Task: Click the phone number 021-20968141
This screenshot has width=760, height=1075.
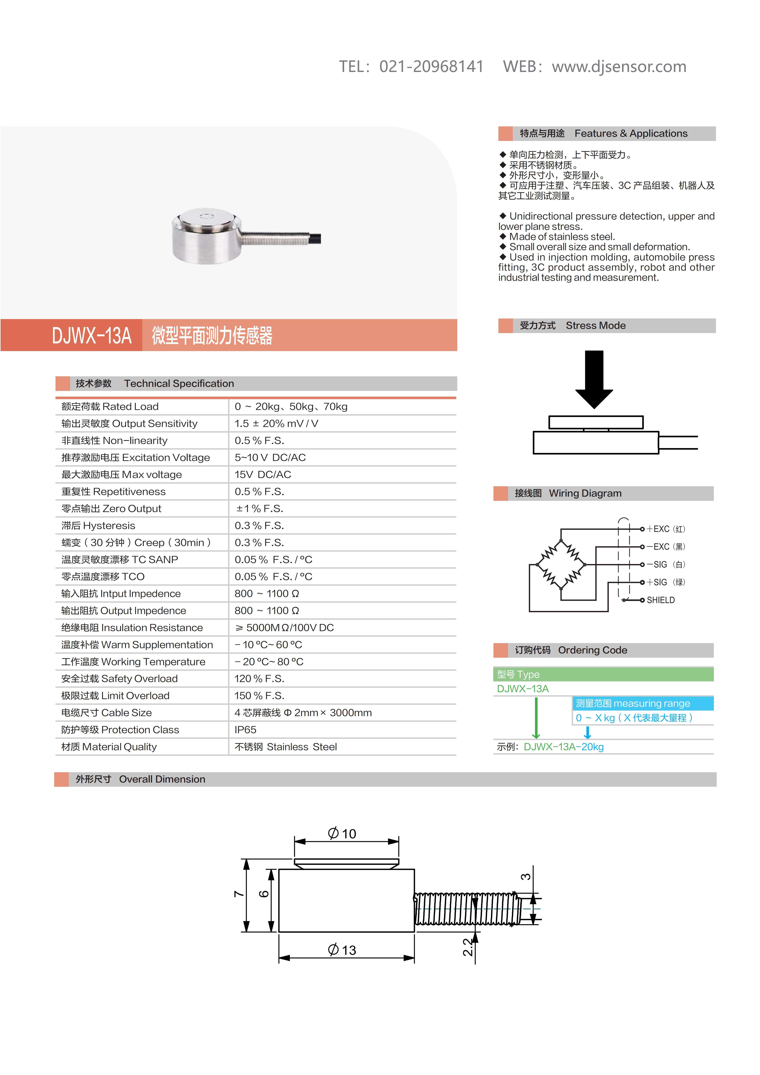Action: [431, 66]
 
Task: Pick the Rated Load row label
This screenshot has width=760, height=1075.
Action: [110, 406]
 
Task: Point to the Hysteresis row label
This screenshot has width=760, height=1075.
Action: [98, 525]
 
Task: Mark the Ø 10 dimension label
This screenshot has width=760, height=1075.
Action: [342, 833]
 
